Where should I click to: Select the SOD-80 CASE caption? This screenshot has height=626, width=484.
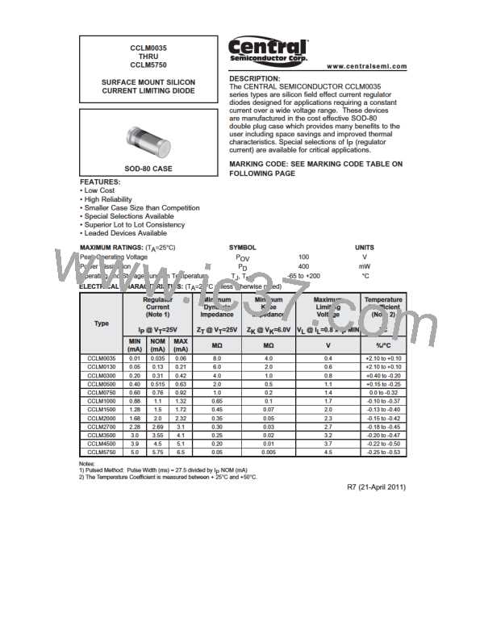[152, 169]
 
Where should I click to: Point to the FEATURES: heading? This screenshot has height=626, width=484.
[101, 183]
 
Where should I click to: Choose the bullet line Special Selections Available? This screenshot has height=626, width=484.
[127, 216]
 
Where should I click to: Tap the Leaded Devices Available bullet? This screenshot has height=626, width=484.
[123, 233]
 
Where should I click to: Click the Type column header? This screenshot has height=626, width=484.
[102, 323]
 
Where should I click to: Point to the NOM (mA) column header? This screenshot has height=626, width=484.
[158, 344]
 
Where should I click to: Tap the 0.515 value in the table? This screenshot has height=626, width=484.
[158, 384]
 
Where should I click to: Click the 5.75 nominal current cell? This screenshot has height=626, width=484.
[158, 453]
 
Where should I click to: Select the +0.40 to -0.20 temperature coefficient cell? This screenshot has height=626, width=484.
[383, 375]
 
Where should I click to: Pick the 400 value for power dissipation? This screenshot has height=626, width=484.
[303, 265]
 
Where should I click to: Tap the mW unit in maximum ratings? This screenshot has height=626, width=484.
[365, 265]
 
